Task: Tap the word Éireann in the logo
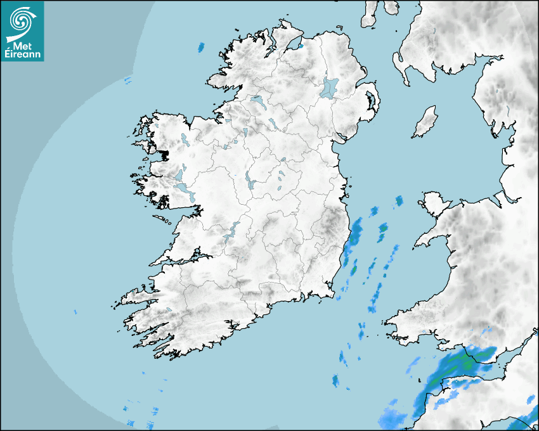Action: click(x=22, y=55)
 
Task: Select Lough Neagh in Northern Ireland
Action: click(x=329, y=87)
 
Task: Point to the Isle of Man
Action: click(x=425, y=122)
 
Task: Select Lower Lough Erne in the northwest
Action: click(x=257, y=101)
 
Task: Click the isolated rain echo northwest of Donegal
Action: click(x=202, y=47)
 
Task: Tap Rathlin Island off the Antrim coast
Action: click(x=340, y=27)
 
